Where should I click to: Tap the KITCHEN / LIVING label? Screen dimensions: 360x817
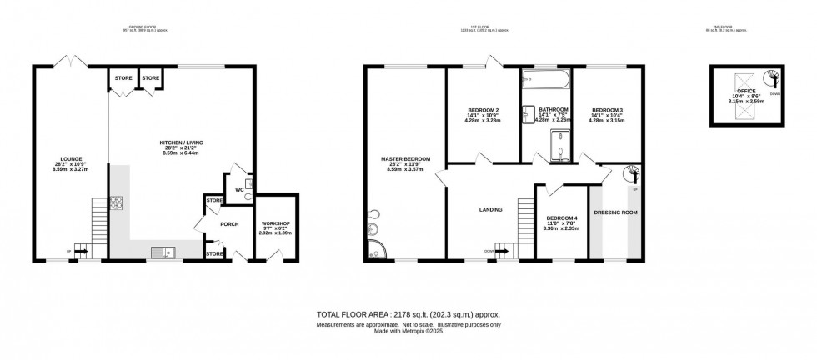tap(181, 142)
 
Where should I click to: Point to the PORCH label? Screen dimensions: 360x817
tap(229, 223)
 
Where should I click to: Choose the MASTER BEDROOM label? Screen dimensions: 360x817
tap(406, 158)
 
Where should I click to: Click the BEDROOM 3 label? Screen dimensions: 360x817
tap(607, 110)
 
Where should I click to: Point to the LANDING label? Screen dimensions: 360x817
tap(489, 210)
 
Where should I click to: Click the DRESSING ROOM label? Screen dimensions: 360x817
tap(615, 212)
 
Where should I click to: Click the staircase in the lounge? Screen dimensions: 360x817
tap(98, 213)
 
